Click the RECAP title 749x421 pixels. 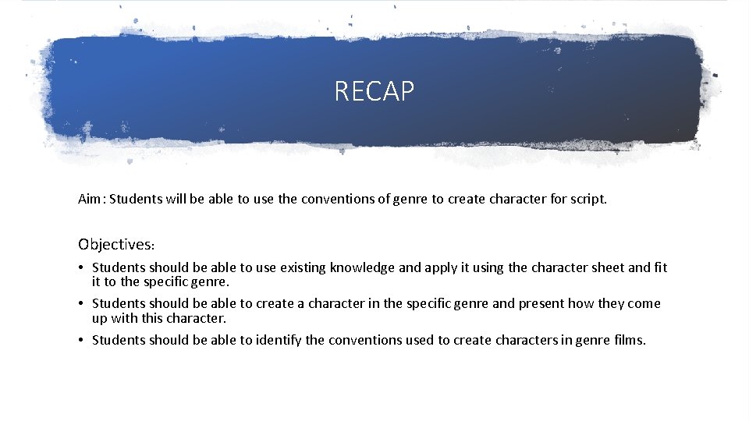coord(374,91)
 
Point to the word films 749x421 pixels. coord(630,339)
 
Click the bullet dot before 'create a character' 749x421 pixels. coord(82,304)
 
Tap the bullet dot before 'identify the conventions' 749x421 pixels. coord(82,340)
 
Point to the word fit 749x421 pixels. coord(660,267)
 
